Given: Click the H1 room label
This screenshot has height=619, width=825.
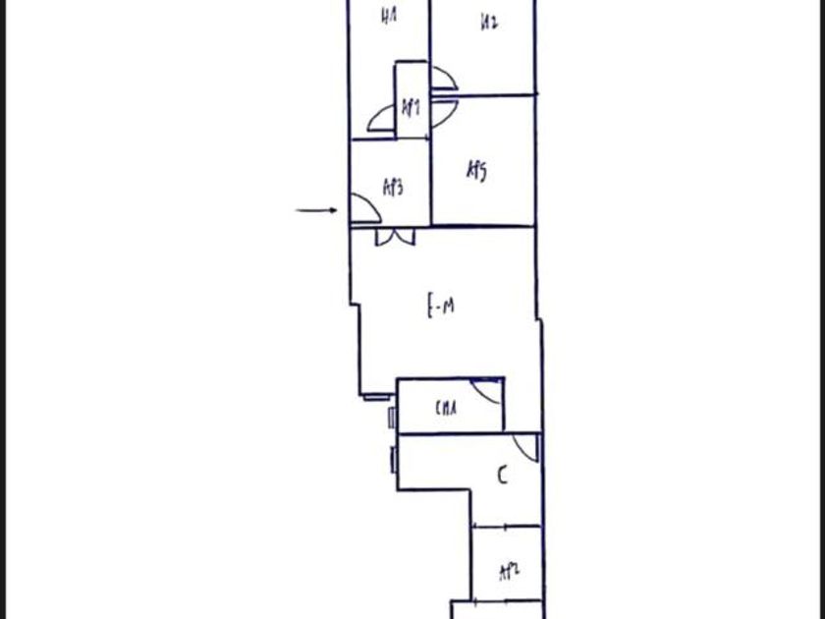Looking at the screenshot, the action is click(390, 17).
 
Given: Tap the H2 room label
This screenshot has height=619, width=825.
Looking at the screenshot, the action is click(489, 23).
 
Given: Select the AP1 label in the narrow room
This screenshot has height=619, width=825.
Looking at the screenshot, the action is click(412, 106).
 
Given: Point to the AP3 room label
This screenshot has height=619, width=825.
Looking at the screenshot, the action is click(393, 187).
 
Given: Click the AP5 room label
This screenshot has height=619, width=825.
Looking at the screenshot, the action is click(476, 171).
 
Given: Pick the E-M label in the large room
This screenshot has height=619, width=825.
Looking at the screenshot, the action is click(440, 307).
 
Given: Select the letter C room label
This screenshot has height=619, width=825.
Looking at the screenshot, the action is click(502, 477).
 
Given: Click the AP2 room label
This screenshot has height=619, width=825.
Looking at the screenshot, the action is click(508, 572).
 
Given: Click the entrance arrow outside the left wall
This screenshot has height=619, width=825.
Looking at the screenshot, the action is click(316, 209).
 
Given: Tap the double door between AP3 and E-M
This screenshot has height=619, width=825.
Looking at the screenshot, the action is click(395, 237).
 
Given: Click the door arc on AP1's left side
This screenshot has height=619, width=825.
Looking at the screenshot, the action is click(382, 119).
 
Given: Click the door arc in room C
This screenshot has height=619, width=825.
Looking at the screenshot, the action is click(526, 447).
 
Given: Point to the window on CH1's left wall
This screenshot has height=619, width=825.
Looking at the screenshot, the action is click(392, 418).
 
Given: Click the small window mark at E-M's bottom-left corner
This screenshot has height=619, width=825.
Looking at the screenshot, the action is click(374, 396).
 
